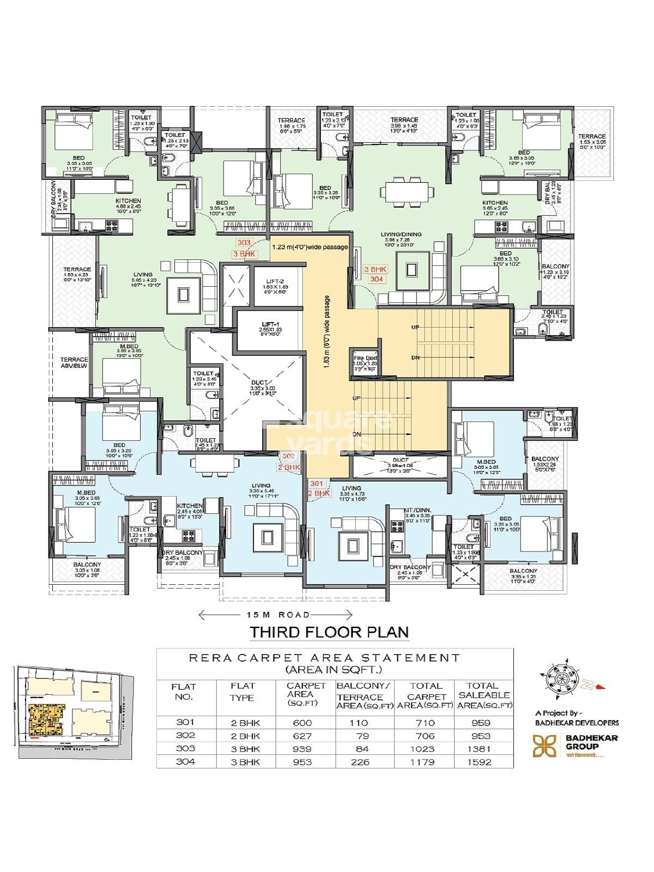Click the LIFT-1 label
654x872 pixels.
click(271, 325)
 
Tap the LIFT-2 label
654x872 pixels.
click(275, 282)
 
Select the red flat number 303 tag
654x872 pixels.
click(244, 243)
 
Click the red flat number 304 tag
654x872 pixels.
click(377, 279)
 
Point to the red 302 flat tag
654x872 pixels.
click(288, 456)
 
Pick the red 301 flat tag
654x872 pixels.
click(317, 483)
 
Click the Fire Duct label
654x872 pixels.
click(365, 358)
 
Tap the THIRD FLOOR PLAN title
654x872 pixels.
click(329, 632)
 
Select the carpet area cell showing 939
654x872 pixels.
click(302, 749)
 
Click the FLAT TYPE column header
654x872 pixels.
click(243, 692)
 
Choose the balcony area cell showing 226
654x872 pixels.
click(360, 762)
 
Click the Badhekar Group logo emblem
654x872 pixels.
click(544, 746)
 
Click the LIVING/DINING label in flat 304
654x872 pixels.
click(401, 235)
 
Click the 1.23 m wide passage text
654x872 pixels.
click(310, 247)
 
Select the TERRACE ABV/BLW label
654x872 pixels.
click(74, 362)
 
